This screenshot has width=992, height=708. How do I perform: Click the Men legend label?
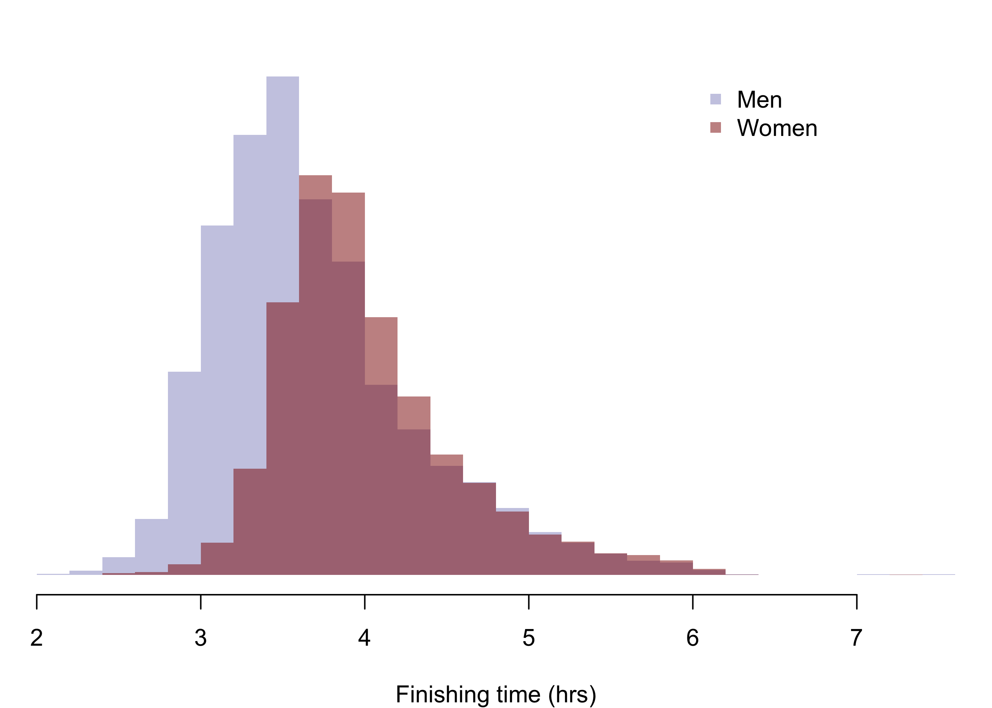tap(759, 100)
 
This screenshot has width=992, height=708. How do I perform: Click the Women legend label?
tap(777, 128)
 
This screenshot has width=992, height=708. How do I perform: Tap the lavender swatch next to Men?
tap(715, 99)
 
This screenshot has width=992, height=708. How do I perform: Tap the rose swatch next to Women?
tap(715, 127)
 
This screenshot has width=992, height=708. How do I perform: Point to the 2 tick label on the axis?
tap(36, 638)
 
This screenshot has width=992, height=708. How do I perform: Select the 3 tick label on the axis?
tap(201, 638)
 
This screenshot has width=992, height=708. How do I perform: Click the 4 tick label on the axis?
tap(365, 638)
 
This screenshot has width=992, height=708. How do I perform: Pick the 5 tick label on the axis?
tap(529, 638)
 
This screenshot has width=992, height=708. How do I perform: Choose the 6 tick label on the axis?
tap(693, 638)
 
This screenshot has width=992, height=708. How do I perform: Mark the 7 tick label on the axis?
tap(857, 638)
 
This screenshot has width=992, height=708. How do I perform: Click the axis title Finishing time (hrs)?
tap(496, 695)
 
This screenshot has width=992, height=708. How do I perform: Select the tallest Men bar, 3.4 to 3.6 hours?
tap(283, 188)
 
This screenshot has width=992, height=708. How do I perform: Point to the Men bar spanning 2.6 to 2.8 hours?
tap(151, 545)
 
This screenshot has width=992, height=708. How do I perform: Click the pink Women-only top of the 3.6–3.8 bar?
tap(315, 188)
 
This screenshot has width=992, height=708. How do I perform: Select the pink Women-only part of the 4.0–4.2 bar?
tap(381, 351)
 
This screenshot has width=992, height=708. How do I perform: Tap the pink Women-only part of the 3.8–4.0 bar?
tap(348, 227)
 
